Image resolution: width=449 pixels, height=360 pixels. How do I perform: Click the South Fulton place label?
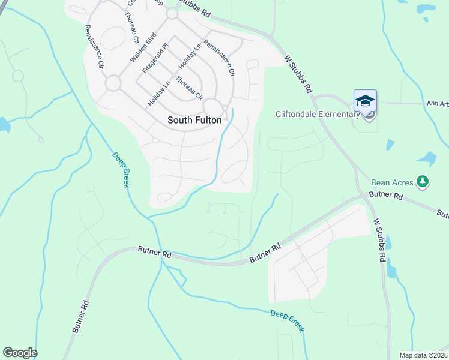(x=194, y=120)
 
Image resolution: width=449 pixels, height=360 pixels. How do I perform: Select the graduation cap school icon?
(x=365, y=100)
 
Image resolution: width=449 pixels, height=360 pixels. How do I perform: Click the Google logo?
(x=20, y=353)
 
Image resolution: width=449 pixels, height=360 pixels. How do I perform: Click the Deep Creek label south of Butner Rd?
(x=287, y=321)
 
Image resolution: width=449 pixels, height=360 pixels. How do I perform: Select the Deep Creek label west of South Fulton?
(x=121, y=169)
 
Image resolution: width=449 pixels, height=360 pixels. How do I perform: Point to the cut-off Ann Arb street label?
(x=437, y=103)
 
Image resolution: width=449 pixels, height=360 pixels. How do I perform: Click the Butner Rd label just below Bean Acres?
(x=386, y=195)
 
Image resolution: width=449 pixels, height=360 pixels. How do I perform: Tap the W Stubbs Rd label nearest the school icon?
(x=299, y=73)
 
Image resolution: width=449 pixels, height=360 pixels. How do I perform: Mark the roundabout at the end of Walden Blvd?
(x=113, y=83)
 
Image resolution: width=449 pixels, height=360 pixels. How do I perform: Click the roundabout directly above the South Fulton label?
(x=212, y=107)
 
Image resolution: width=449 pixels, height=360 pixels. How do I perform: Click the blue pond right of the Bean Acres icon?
(x=427, y=158)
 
